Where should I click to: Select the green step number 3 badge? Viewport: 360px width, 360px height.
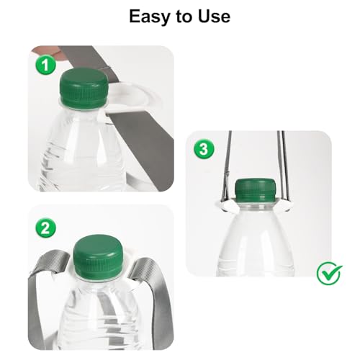point(204,150)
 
